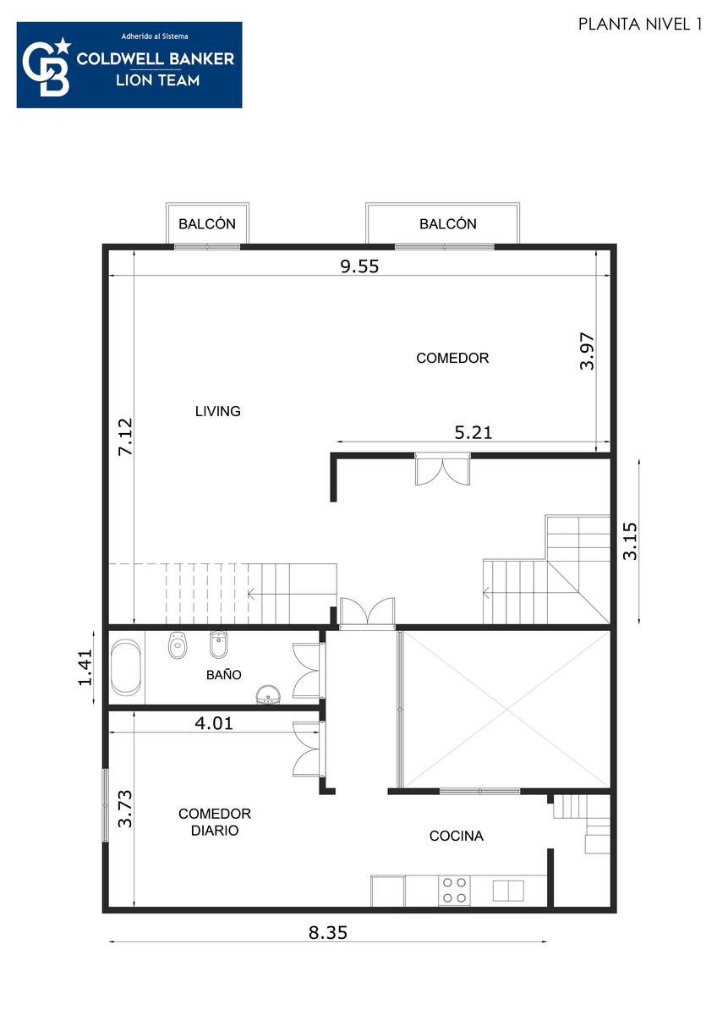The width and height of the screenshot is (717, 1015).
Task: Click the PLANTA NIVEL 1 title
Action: [x=640, y=24]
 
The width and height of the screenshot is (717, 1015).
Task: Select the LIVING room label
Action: [x=217, y=411]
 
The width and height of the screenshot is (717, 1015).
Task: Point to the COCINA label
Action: [x=456, y=836]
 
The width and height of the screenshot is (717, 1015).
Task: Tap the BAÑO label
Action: [x=224, y=675]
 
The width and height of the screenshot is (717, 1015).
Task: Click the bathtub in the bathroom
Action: [x=126, y=667]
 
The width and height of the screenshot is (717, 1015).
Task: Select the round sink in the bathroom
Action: [x=268, y=694]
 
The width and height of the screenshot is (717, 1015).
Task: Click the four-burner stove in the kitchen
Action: [x=454, y=890]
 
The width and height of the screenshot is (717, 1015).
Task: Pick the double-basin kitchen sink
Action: [x=508, y=891]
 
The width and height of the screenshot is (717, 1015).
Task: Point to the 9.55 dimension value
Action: [x=359, y=266]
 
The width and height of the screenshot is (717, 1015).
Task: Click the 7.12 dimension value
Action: [x=125, y=436]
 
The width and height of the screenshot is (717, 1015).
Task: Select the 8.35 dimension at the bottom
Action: [x=328, y=932]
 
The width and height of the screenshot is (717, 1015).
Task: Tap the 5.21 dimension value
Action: [x=473, y=433]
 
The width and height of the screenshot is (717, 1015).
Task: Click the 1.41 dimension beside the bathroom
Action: [x=85, y=667]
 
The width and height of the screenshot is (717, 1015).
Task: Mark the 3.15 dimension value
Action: [x=630, y=541]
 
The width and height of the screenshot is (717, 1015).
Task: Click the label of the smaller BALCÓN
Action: [x=207, y=224]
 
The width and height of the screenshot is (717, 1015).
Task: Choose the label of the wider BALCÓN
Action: [x=448, y=224]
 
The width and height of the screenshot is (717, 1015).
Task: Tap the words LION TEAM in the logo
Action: [x=157, y=80]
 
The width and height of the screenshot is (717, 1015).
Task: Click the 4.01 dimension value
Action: [x=214, y=722]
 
